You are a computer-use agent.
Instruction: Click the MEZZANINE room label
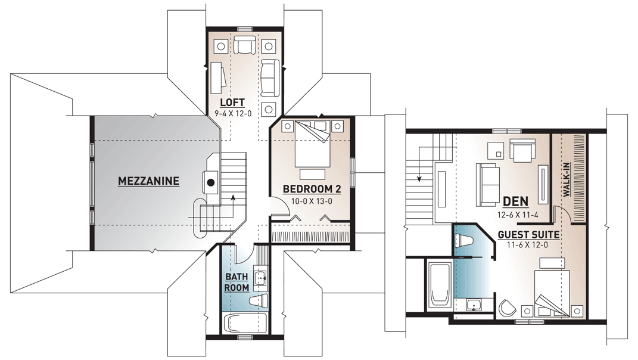coord(148,181)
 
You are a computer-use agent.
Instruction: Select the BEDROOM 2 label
coord(312,190)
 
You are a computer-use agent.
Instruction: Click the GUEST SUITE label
coord(528,235)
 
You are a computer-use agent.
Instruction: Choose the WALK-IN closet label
coord(567,181)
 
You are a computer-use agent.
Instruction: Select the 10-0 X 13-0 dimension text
coord(312,201)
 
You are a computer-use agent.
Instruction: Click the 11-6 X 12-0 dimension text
coord(528,245)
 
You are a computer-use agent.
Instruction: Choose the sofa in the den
coord(487,184)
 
